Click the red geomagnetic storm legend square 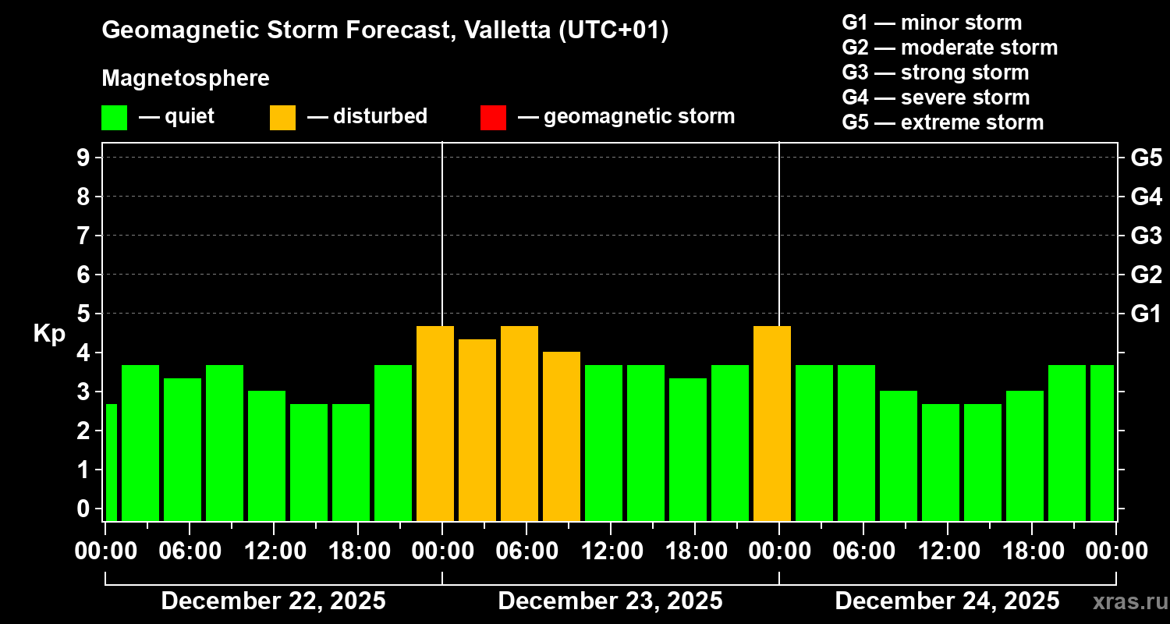click(493, 117)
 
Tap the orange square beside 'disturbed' click(282, 117)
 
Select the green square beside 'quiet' click(114, 117)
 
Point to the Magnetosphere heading click(186, 79)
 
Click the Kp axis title click(49, 334)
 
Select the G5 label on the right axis click(1146, 158)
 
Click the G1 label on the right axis click(1146, 314)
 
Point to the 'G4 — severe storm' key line click(935, 97)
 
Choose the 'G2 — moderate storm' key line click(949, 48)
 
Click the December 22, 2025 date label click(273, 601)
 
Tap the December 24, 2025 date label click(947, 601)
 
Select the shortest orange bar click(562, 436)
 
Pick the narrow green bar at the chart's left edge click(111, 462)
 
